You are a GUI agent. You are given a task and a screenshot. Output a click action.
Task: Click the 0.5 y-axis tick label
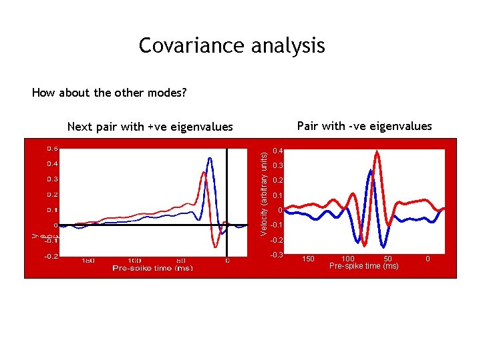(51, 147)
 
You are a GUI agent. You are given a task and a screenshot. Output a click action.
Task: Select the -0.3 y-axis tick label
(277, 255)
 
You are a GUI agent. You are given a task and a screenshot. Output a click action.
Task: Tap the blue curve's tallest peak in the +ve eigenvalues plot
(210, 159)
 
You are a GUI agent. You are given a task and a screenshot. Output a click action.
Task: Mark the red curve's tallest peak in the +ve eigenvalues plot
(202, 171)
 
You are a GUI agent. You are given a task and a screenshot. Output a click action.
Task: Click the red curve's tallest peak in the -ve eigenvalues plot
(378, 152)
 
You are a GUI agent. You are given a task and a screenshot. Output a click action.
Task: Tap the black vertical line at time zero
(227, 200)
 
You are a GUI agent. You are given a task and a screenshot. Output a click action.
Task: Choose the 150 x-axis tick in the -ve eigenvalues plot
(308, 258)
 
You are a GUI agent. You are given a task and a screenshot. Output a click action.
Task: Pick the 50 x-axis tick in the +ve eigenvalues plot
(180, 261)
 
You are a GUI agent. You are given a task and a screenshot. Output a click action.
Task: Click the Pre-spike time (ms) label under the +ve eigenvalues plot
(152, 268)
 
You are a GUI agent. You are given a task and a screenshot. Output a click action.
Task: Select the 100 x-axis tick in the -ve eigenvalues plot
(348, 258)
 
